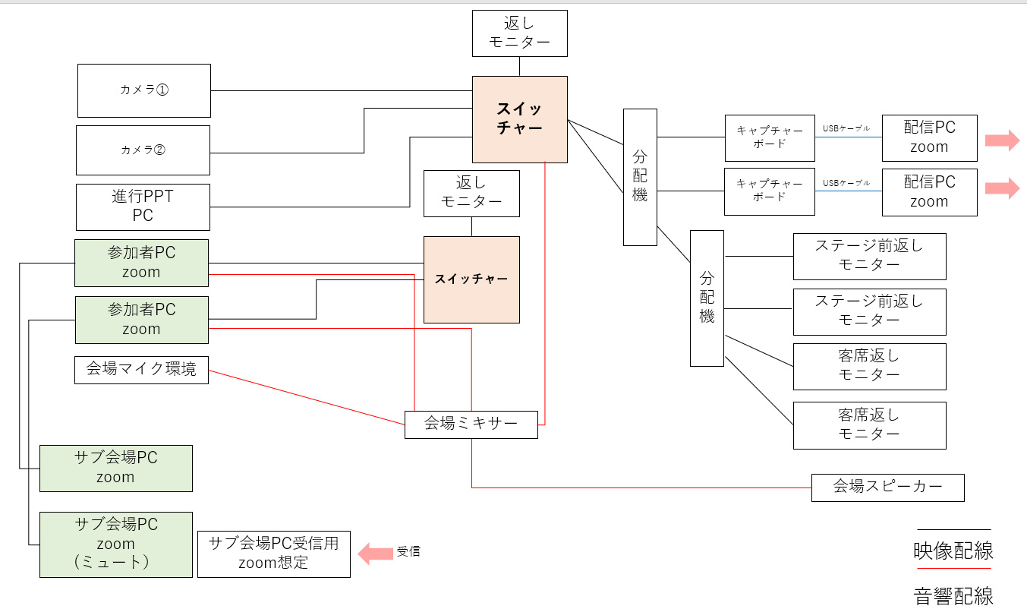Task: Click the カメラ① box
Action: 143,90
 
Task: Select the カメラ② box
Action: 143,150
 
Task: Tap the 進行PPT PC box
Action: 143,207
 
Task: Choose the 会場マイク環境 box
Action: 141,370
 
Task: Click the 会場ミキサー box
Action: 471,424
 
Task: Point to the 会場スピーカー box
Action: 887,487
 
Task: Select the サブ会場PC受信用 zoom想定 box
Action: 273,554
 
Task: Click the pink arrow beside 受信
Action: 374,553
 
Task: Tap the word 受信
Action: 408,552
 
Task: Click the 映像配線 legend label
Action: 953,551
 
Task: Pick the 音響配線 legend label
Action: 953,595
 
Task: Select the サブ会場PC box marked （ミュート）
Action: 115,544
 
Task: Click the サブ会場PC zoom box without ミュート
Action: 115,468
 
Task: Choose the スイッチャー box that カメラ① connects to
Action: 519,118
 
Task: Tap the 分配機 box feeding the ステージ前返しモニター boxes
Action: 707,298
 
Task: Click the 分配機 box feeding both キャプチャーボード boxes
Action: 640,176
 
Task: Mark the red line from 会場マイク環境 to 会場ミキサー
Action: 306,398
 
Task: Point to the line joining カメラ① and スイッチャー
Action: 341,90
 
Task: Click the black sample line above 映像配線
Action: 953,529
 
